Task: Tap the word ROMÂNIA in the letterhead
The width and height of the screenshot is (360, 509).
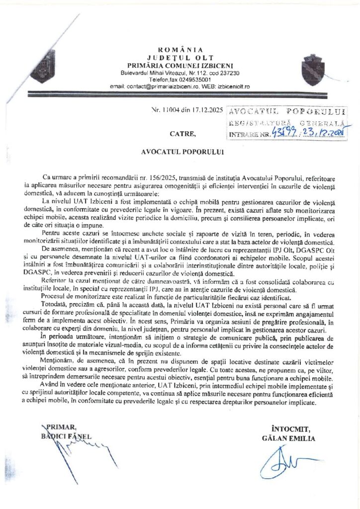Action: tap(180, 49)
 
